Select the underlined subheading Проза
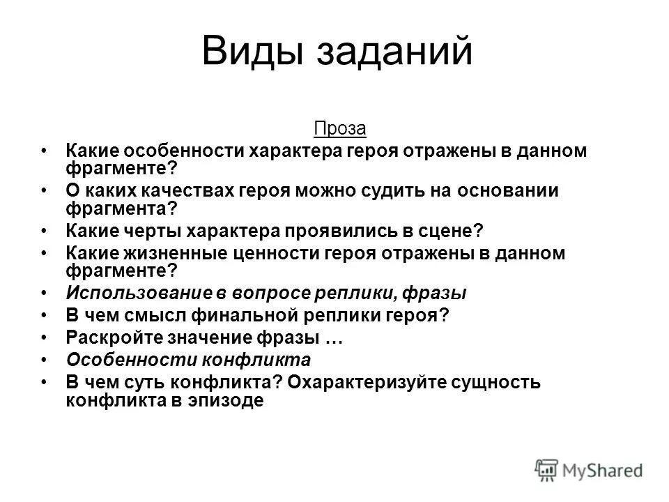point(334,129)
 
